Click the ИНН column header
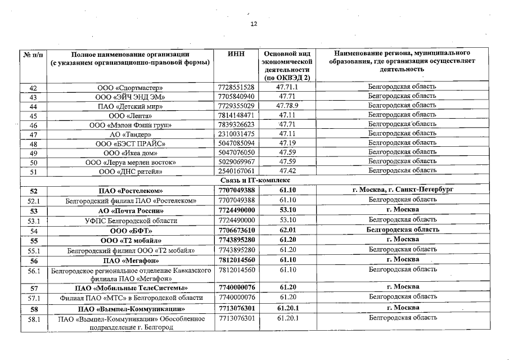(236, 53)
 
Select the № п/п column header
(33, 53)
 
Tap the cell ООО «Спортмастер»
(130, 87)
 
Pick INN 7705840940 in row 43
(236, 96)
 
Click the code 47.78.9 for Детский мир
(287, 106)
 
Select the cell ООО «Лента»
(130, 115)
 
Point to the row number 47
(33, 134)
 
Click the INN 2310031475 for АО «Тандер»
(236, 134)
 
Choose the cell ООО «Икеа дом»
(130, 152)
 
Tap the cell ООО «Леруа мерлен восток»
(130, 162)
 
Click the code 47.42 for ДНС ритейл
(287, 170)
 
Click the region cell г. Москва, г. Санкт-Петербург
(403, 190)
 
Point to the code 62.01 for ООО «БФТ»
(287, 230)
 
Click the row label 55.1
(33, 250)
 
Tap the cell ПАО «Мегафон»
(130, 260)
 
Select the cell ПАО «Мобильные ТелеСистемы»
(130, 287)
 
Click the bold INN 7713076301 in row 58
(236, 308)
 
